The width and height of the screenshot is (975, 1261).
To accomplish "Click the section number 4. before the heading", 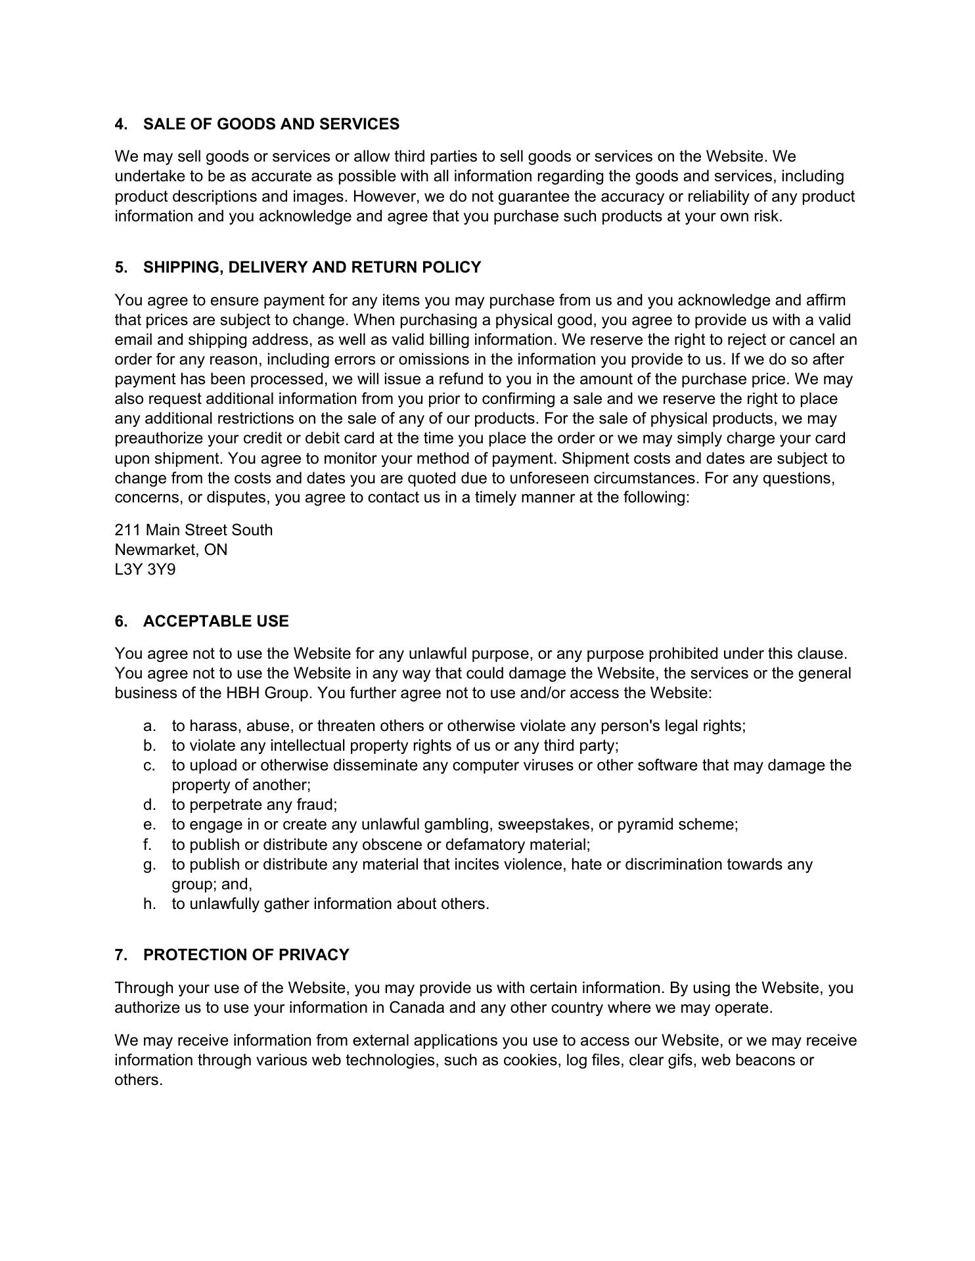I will (x=121, y=124).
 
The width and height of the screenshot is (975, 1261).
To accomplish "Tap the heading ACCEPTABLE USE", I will (x=215, y=621).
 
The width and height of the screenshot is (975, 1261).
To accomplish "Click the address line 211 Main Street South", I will (x=193, y=530).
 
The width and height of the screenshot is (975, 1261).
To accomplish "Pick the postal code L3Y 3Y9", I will (x=145, y=569).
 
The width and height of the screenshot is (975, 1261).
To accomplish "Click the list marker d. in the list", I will (x=149, y=805).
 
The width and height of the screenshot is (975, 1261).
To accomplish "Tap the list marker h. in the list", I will (x=149, y=904).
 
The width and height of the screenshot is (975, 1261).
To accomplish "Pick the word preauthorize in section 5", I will (x=158, y=438).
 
